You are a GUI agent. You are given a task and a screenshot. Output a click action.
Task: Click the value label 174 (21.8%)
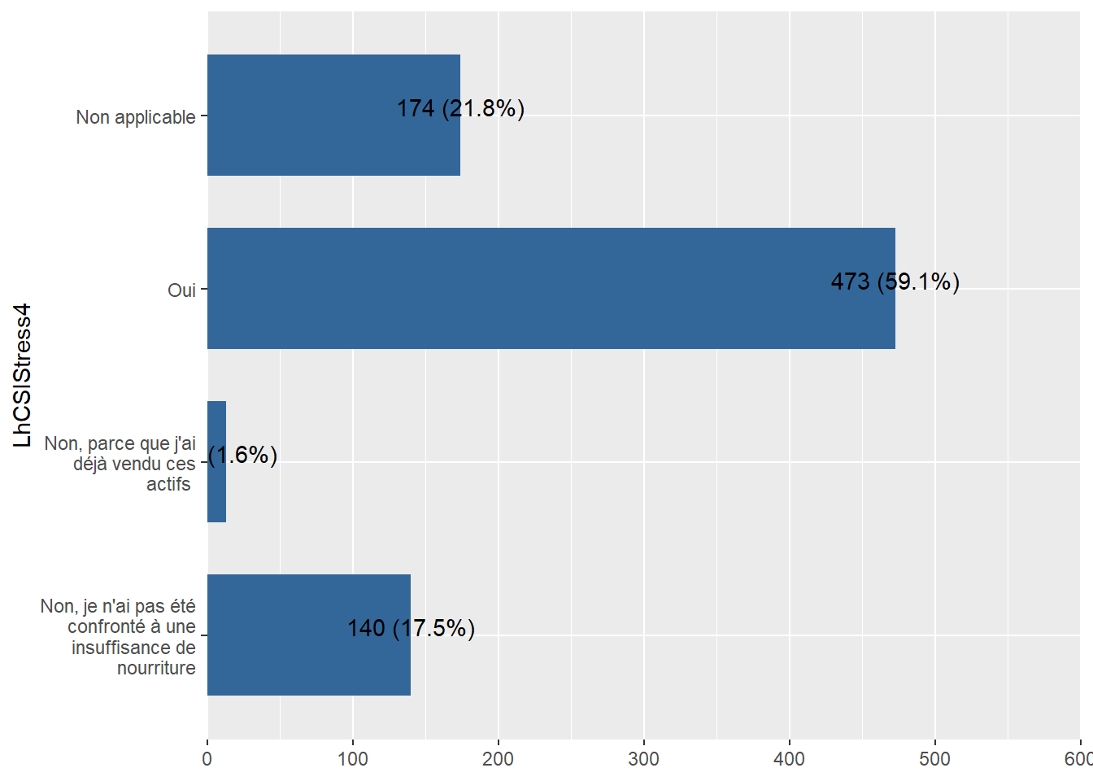coord(460,108)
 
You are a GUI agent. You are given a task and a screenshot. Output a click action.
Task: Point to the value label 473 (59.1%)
coord(895,281)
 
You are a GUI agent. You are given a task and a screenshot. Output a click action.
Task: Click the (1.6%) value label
coord(243,455)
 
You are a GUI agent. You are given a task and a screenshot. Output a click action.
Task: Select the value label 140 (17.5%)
coord(411,628)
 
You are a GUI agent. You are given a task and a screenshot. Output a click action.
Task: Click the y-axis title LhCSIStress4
coord(23,375)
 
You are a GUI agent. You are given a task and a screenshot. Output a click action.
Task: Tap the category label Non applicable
coord(136,117)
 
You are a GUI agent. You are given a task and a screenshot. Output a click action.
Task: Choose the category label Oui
coord(181,290)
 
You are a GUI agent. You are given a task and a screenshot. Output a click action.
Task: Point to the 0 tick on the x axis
coord(207,759)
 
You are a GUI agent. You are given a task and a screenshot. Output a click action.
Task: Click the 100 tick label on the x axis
coord(353,759)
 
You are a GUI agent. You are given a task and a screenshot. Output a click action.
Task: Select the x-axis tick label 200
coord(499,759)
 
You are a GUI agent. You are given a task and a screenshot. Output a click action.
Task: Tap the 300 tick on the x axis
coord(644,759)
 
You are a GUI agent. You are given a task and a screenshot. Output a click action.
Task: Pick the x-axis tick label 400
coord(790,759)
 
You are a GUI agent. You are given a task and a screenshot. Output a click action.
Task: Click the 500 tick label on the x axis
coord(935,759)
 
